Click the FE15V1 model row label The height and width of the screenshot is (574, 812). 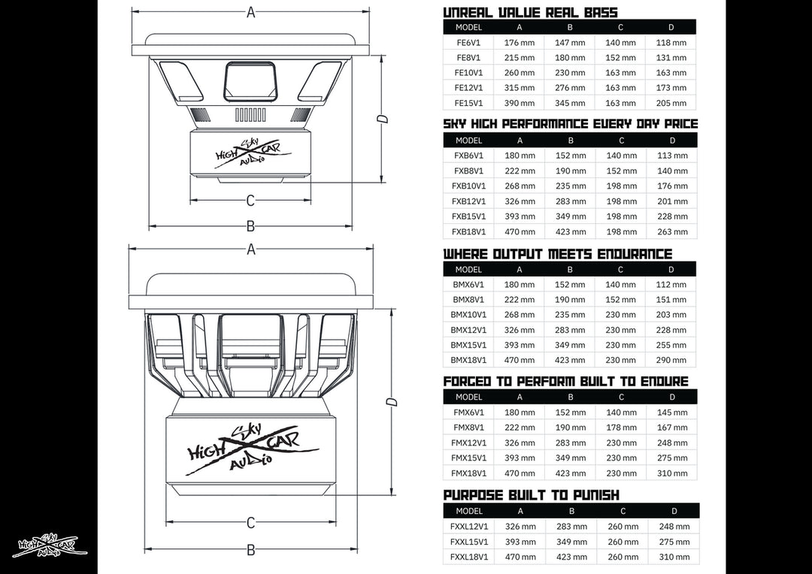tap(468, 104)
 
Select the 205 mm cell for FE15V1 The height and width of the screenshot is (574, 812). tap(671, 104)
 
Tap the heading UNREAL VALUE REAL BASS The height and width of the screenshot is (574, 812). tap(530, 12)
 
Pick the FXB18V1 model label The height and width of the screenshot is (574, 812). tap(468, 232)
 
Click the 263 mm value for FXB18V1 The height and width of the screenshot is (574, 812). tap(672, 232)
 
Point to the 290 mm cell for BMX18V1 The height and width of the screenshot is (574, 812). tap(671, 361)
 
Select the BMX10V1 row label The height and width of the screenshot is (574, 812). tap(468, 315)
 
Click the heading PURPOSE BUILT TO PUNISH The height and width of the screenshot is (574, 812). tap(531, 495)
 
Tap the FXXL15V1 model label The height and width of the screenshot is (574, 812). tap(469, 542)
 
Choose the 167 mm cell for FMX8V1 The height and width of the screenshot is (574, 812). tap(672, 427)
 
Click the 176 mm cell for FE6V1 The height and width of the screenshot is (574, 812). tap(520, 43)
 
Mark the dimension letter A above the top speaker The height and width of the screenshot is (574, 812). tap(251, 12)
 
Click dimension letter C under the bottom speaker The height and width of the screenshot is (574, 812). tap(251, 522)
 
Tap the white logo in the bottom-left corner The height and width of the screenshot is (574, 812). tap(50, 546)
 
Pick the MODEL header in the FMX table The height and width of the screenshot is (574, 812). tap(468, 397)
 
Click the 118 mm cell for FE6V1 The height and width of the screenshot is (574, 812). tap(671, 43)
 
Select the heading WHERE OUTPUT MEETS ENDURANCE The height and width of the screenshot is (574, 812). tap(557, 254)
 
